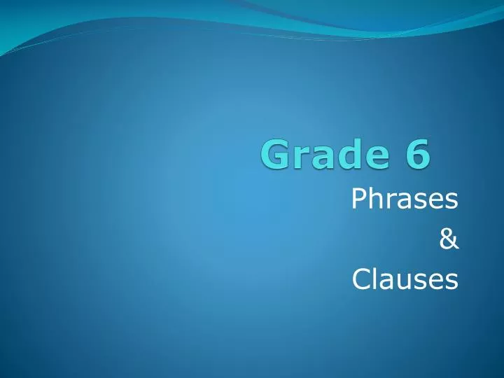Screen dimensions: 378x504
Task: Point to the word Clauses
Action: pyautogui.click(x=405, y=279)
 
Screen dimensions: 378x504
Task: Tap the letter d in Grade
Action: pyautogui.click(x=342, y=155)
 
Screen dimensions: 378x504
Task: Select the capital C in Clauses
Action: pyautogui.click(x=360, y=279)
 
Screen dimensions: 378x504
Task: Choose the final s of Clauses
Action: pyautogui.click(x=451, y=281)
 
